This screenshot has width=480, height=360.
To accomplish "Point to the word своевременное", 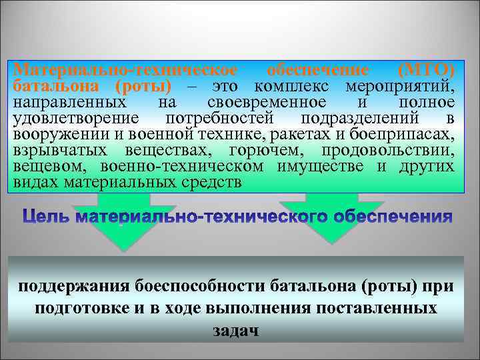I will tap(267, 103).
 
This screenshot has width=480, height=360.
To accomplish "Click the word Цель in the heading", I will tap(47, 217).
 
